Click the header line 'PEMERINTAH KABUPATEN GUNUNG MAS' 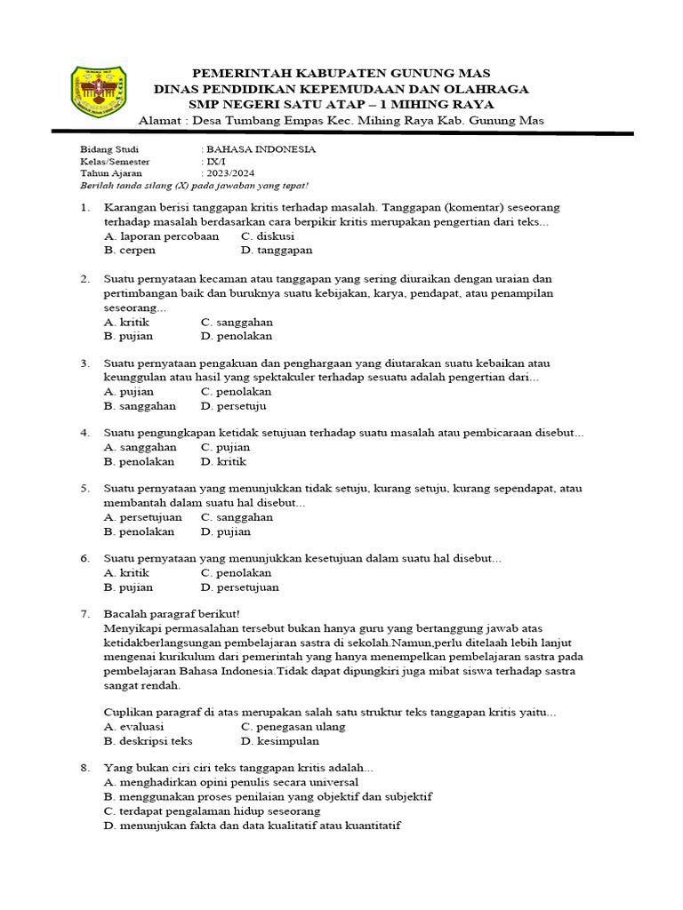(341, 72)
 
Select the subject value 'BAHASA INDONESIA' (260, 149)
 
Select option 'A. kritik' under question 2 (126, 322)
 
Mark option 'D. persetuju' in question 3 (234, 406)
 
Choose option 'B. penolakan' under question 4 (140, 461)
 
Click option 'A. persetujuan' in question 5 (143, 516)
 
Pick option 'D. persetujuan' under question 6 (239, 587)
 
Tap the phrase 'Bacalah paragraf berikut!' (172, 614)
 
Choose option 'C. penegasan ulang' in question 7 (293, 726)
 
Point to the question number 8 (84, 767)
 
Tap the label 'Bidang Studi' (104, 149)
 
